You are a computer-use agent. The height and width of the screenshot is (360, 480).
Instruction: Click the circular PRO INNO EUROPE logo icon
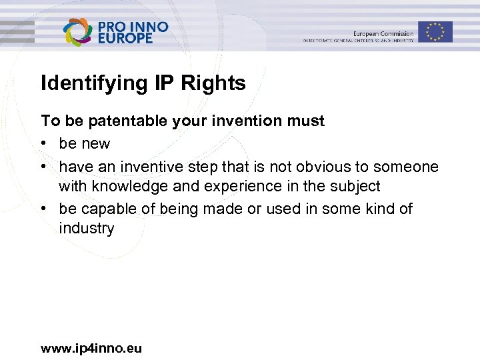click(x=77, y=32)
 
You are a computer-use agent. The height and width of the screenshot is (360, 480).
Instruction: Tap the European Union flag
click(x=435, y=31)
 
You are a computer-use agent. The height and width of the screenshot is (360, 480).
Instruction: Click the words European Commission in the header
click(x=383, y=33)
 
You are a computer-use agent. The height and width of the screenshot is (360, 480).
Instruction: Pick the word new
click(x=97, y=143)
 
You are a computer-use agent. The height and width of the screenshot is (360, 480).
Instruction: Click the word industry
click(x=87, y=229)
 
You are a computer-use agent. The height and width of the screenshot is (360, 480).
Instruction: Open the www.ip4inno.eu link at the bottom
click(x=91, y=348)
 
